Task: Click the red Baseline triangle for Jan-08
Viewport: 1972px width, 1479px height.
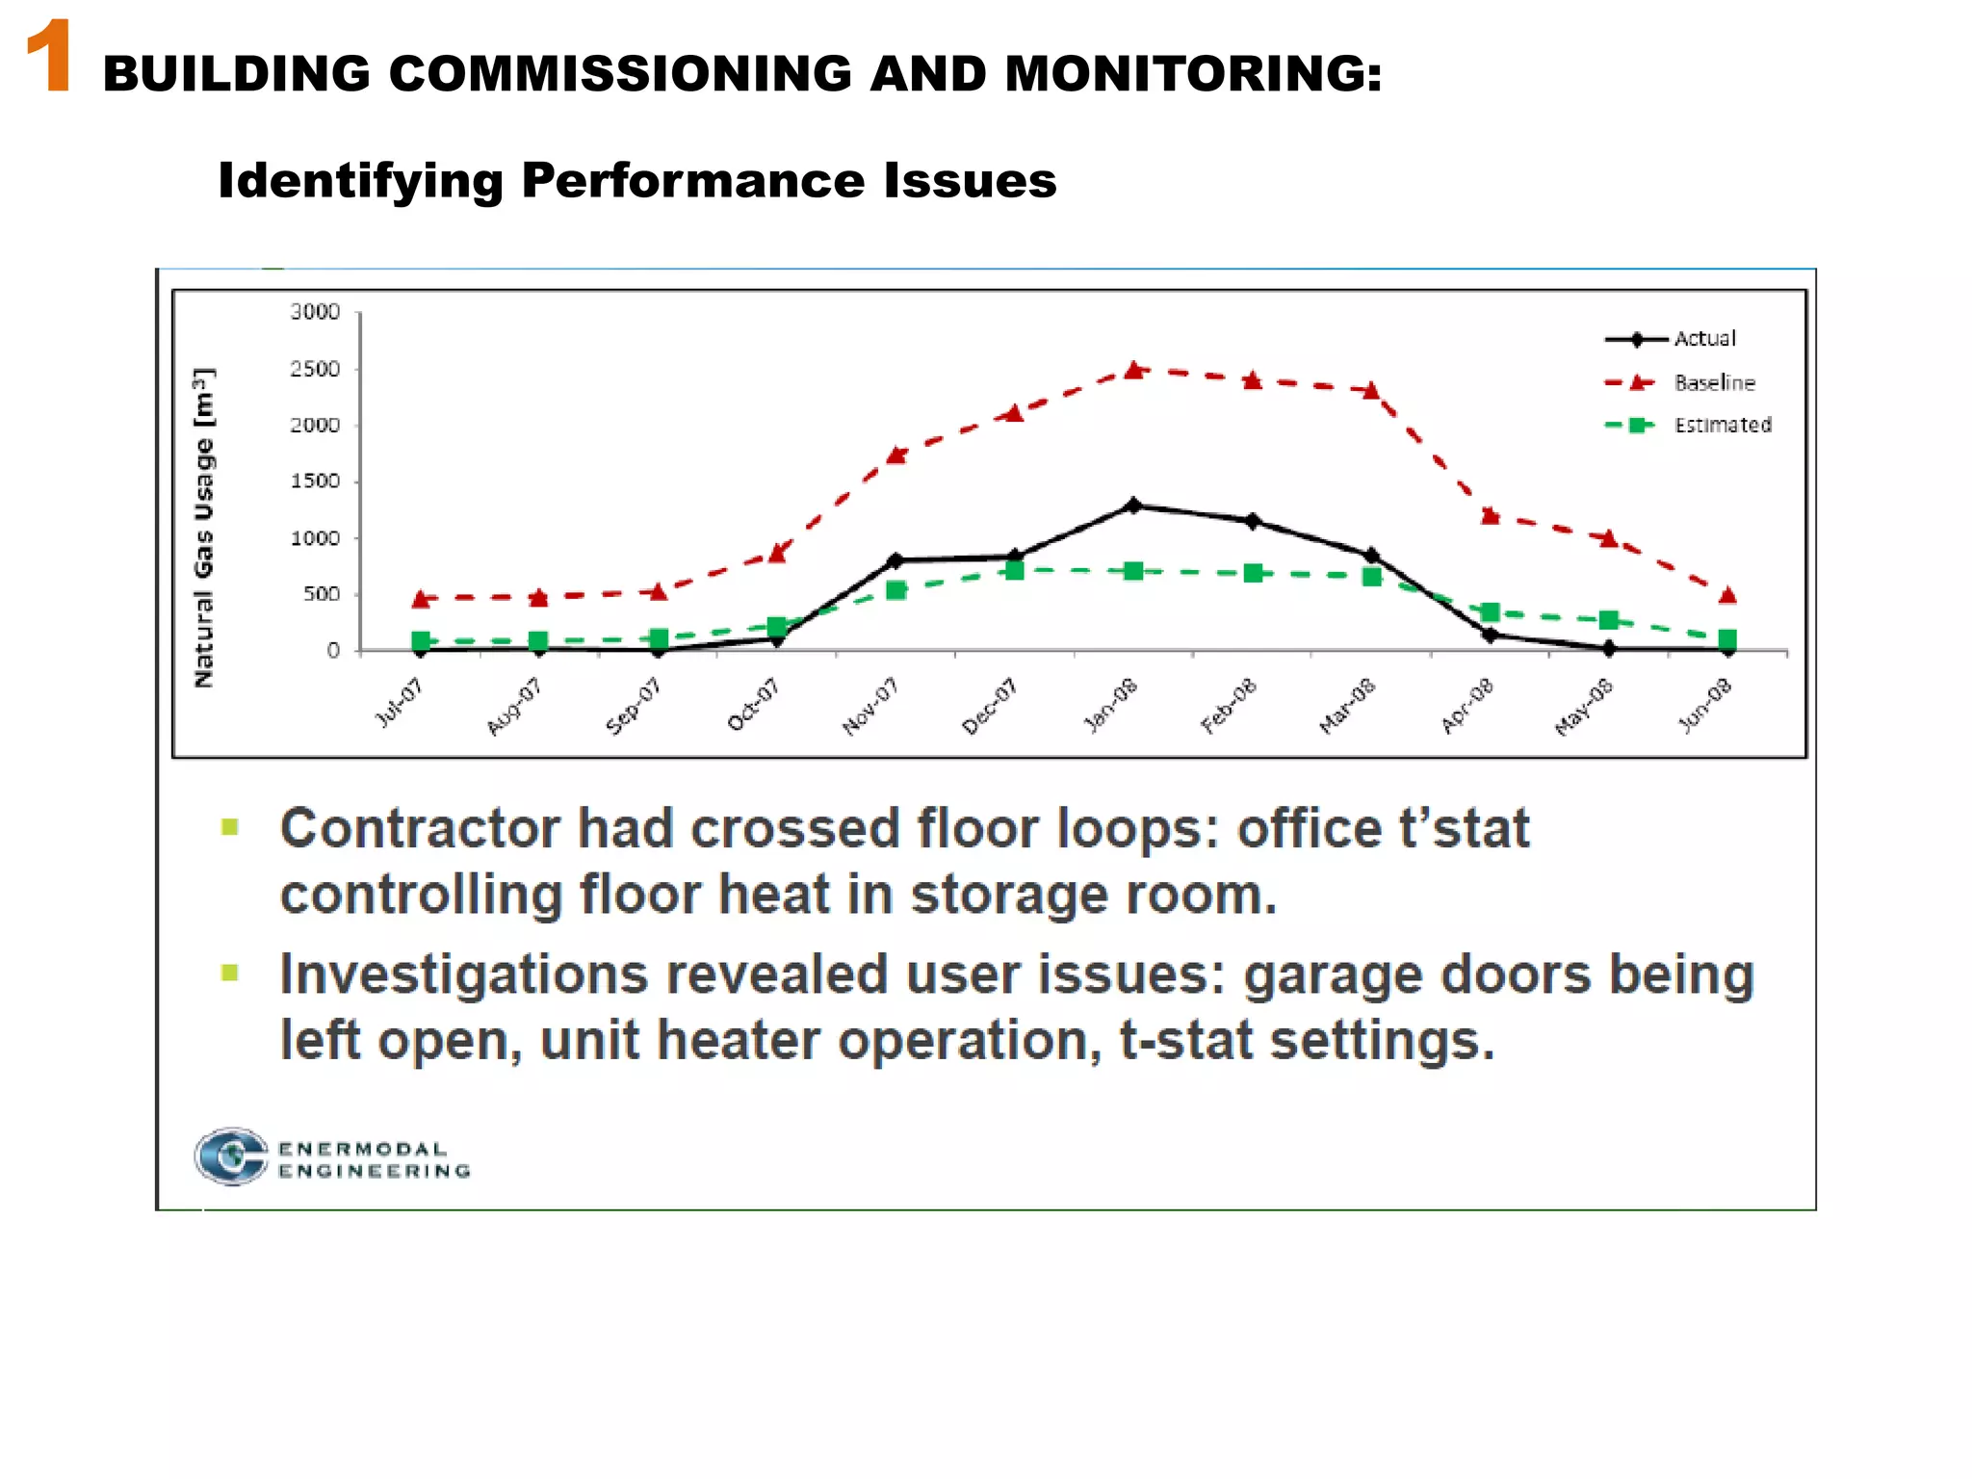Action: tap(1134, 370)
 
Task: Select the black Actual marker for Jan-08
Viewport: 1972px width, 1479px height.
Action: tap(1133, 506)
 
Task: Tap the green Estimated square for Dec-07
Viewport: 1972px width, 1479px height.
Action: tap(1014, 571)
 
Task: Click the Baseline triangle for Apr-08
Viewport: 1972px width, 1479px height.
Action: tap(1490, 516)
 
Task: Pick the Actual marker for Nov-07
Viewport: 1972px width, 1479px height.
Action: tap(895, 560)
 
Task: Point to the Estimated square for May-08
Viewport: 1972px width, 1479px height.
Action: tap(1608, 620)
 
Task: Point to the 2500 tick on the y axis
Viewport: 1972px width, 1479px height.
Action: tap(315, 369)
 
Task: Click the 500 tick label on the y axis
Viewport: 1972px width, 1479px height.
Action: tap(321, 594)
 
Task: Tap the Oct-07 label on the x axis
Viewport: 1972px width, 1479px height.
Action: tap(753, 705)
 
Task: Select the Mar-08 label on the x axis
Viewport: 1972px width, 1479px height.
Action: tap(1347, 707)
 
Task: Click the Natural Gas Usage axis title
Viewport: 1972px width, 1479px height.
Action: tap(204, 527)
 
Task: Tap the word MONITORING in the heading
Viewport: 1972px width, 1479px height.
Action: tap(1194, 74)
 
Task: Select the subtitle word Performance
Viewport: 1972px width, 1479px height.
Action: tap(693, 180)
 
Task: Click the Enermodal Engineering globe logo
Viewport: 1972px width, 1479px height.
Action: tap(231, 1156)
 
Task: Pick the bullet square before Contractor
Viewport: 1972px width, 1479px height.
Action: tap(230, 827)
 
